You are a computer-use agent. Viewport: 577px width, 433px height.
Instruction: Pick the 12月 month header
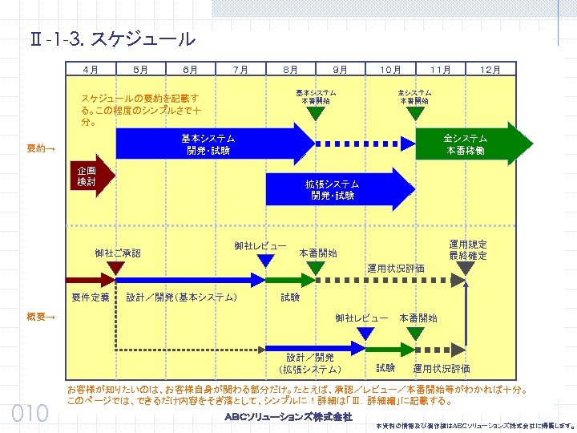coord(490,70)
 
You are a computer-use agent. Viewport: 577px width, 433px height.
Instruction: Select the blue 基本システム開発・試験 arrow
coord(208,144)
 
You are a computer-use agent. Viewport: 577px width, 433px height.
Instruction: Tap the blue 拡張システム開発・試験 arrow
coord(337,190)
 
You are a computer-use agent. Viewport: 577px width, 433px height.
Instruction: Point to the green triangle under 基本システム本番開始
coord(317,113)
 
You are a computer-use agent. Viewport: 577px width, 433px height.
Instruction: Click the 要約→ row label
coord(41,148)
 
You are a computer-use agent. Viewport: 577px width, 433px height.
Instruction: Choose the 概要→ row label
coord(41,318)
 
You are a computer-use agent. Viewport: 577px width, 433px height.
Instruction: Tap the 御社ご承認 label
coord(117,253)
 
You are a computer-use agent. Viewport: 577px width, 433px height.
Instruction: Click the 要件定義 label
coord(91,297)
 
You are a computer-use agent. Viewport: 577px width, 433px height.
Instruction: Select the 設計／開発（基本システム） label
coord(182,297)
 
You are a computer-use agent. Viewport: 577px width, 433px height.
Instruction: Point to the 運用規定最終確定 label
coord(468,249)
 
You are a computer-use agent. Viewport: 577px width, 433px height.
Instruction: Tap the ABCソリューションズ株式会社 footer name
coord(288,417)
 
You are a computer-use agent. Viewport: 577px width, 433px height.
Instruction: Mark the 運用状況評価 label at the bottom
coord(442,368)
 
